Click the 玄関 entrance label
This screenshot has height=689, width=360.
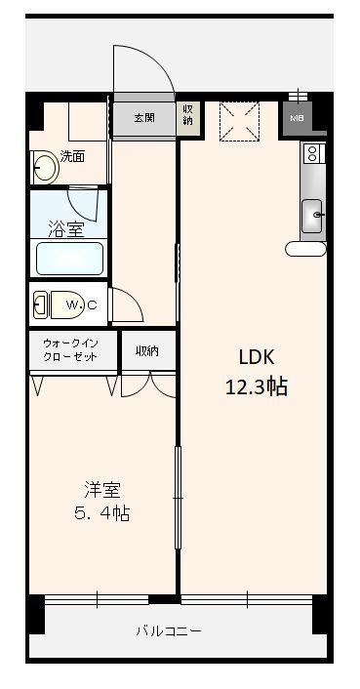click(x=144, y=117)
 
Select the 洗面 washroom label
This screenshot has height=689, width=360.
click(x=73, y=156)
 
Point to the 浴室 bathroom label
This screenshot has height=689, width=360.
click(x=66, y=229)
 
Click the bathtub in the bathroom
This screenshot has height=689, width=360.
click(x=69, y=259)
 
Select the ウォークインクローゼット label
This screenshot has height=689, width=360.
click(x=70, y=351)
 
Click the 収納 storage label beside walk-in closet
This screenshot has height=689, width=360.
click(x=148, y=350)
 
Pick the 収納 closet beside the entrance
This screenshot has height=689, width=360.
click(x=188, y=116)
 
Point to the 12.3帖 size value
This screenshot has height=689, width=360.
click(x=256, y=386)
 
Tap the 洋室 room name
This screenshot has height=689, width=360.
click(x=101, y=488)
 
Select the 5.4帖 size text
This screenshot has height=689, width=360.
click(x=101, y=513)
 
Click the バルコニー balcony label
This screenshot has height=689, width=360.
click(x=169, y=631)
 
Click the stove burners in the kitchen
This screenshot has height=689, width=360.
click(x=312, y=153)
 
